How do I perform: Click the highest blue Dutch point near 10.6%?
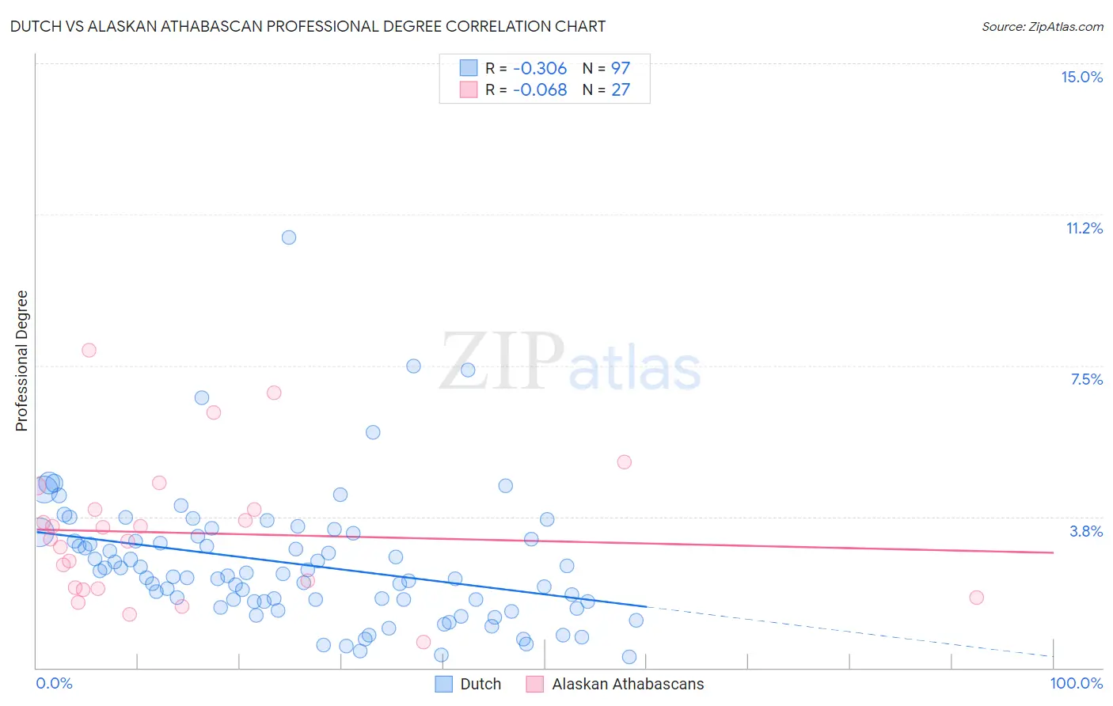[289, 237]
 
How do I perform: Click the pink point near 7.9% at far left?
[89, 350]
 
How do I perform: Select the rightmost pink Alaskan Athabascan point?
[976, 598]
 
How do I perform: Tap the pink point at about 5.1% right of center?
[624, 462]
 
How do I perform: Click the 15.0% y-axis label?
[1081, 77]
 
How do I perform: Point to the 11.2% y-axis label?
[1084, 228]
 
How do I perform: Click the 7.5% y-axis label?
[1086, 379]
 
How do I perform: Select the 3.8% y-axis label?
[1086, 531]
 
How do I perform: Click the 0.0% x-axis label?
[54, 683]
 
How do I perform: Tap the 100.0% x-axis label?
[1076, 683]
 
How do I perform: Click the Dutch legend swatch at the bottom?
[444, 684]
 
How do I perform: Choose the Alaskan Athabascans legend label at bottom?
[627, 684]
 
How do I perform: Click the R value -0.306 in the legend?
[540, 68]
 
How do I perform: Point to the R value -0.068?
[540, 89]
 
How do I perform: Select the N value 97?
[620, 68]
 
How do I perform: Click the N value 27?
[620, 89]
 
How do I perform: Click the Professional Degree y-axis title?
[21, 361]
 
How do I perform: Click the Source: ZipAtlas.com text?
[1042, 26]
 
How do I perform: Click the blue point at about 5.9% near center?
[373, 432]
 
